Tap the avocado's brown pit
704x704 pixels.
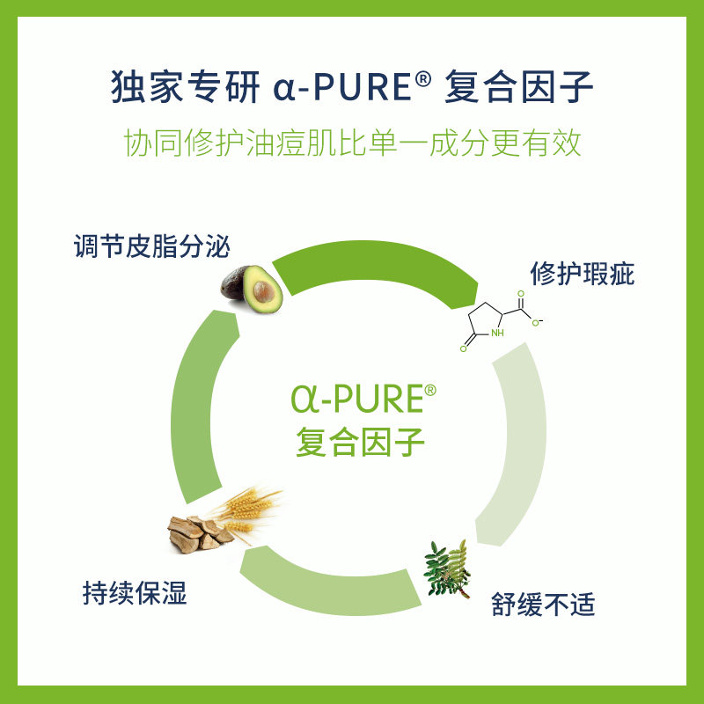coord(261,290)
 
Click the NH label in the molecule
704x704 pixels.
coord(497,334)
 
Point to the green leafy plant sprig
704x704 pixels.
coord(447,568)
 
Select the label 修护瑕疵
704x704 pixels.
coord(582,274)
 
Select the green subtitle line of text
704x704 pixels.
coord(352,143)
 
